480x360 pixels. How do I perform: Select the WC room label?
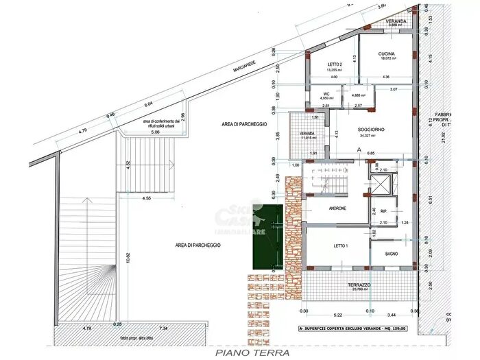click(324, 94)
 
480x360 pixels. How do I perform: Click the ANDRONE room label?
click(337, 208)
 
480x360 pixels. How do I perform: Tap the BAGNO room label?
click(392, 254)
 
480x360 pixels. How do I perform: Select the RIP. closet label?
click(385, 212)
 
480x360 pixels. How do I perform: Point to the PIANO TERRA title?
click(252, 353)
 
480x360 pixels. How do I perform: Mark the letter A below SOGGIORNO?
click(359, 148)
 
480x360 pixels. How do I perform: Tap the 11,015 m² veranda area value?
click(307, 139)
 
